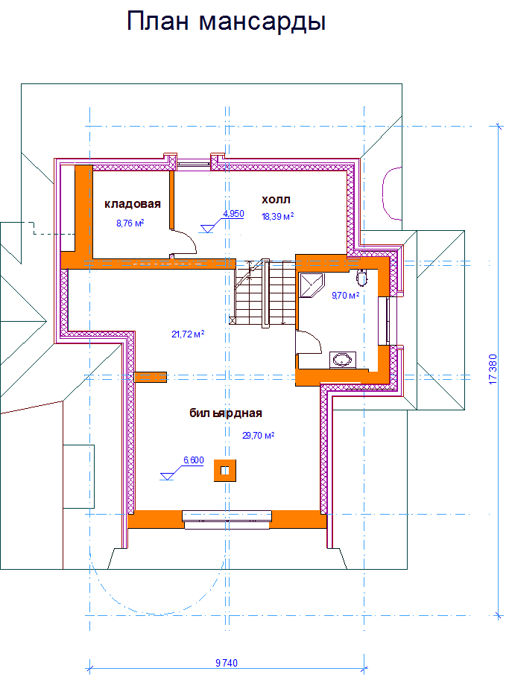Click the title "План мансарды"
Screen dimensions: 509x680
click(x=226, y=22)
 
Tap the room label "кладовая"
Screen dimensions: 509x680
click(x=133, y=204)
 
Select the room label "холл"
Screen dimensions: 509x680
click(x=276, y=200)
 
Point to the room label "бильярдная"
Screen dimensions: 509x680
click(x=226, y=413)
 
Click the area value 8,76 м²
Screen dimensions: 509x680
click(x=130, y=223)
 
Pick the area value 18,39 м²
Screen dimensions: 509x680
click(x=278, y=217)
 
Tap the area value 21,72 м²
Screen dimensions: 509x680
click(x=188, y=334)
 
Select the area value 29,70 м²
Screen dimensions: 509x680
click(x=258, y=436)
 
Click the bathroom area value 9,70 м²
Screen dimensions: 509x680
click(x=345, y=296)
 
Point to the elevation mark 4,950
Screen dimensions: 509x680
click(x=233, y=214)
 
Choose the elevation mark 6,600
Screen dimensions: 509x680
click(x=194, y=460)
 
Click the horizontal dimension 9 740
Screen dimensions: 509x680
click(x=227, y=663)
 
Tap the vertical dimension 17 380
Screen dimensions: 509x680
click(x=493, y=369)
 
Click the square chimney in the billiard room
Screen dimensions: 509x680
click(x=225, y=471)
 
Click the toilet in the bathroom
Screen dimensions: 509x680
click(x=361, y=276)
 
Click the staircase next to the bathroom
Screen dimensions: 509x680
click(x=265, y=294)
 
